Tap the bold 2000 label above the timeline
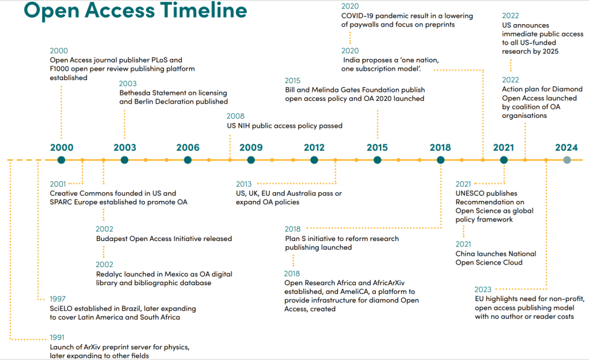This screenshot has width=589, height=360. coord(62,148)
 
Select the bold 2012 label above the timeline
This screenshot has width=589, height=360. coord(315,148)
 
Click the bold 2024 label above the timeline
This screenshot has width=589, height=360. coord(567,148)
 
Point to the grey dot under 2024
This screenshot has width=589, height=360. coord(567,160)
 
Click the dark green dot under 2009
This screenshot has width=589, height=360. coord(251,160)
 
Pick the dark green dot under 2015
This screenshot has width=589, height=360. coord(378,160)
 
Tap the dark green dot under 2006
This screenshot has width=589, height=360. coord(188,160)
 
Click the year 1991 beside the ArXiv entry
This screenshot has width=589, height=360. coord(58,338)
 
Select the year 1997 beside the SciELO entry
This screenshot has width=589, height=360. coord(58,299)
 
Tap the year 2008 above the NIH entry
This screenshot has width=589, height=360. coord(236,116)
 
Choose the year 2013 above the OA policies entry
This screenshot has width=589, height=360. coord(244,184)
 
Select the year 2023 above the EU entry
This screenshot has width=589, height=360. coord(482,289)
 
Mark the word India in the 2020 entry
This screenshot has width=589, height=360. coord(354,60)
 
